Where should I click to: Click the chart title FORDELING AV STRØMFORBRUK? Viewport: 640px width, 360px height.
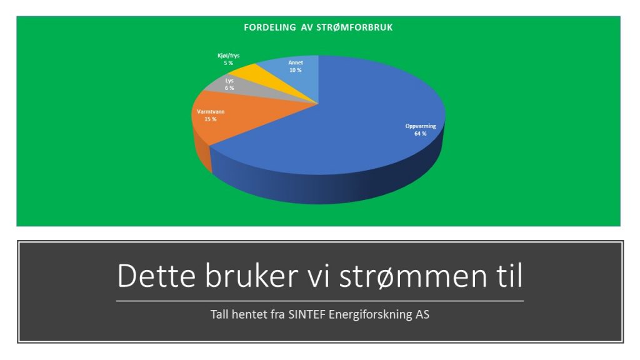pyautogui.click(x=318, y=27)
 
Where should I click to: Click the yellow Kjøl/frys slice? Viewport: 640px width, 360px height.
pyautogui.click(x=265, y=74)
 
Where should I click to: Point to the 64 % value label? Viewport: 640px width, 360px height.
pyautogui.click(x=421, y=134)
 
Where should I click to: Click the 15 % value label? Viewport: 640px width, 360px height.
pyautogui.click(x=210, y=119)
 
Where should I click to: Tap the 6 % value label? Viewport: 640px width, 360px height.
pyautogui.click(x=229, y=88)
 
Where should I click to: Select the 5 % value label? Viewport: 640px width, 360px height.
pyautogui.click(x=228, y=63)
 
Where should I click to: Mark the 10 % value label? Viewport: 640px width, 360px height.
pyautogui.click(x=296, y=70)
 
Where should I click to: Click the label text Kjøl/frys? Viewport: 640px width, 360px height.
pyautogui.click(x=229, y=56)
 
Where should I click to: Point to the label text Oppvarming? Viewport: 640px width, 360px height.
pyautogui.click(x=421, y=126)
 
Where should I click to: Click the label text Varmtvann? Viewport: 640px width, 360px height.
pyautogui.click(x=211, y=111)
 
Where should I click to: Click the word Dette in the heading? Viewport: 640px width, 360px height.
pyautogui.click(x=156, y=276)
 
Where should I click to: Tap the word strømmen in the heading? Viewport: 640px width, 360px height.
pyautogui.click(x=413, y=276)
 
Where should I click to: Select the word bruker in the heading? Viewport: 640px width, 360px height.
pyautogui.click(x=251, y=276)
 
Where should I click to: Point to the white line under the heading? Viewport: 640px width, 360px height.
pyautogui.click(x=319, y=301)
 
